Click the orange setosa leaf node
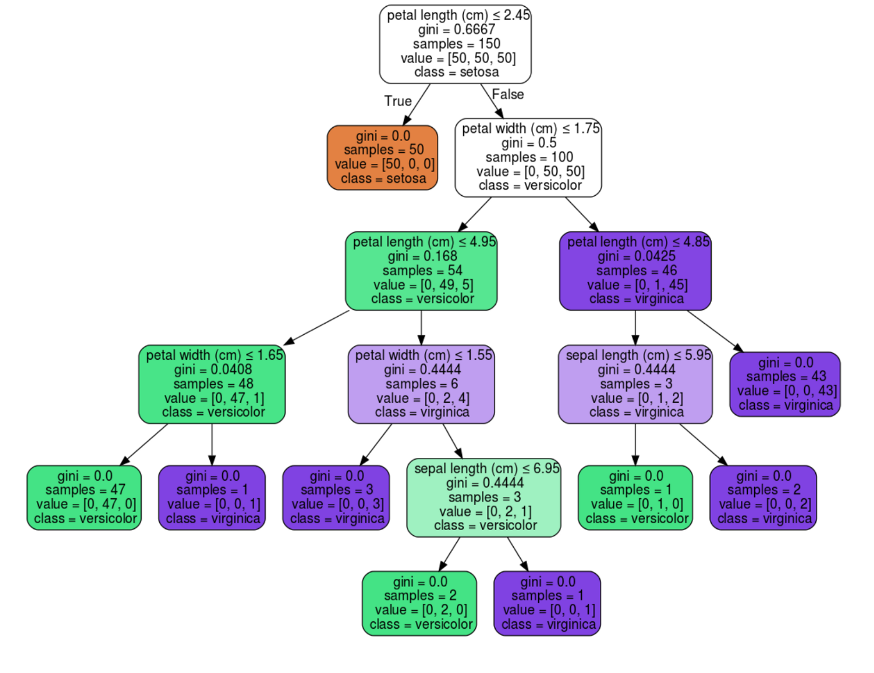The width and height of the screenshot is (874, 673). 382,157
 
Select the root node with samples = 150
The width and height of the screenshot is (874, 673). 455,44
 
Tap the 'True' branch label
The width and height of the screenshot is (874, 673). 398,101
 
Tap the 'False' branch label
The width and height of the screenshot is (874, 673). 508,94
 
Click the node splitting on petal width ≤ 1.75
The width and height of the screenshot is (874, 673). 528,157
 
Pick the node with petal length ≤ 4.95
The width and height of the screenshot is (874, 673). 421,271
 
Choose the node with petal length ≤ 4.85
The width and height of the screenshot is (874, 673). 636,271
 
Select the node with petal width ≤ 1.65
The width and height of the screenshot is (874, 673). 212,384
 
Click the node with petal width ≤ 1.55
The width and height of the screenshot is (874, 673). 421,384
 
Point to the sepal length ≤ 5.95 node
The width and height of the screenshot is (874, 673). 636,384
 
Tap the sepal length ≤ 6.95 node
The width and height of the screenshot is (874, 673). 484,497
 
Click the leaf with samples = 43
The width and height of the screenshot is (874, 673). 785,384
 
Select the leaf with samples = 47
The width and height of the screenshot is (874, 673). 84,497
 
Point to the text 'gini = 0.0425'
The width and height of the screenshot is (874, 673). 636,256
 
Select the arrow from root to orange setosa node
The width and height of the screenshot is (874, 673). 416,104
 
